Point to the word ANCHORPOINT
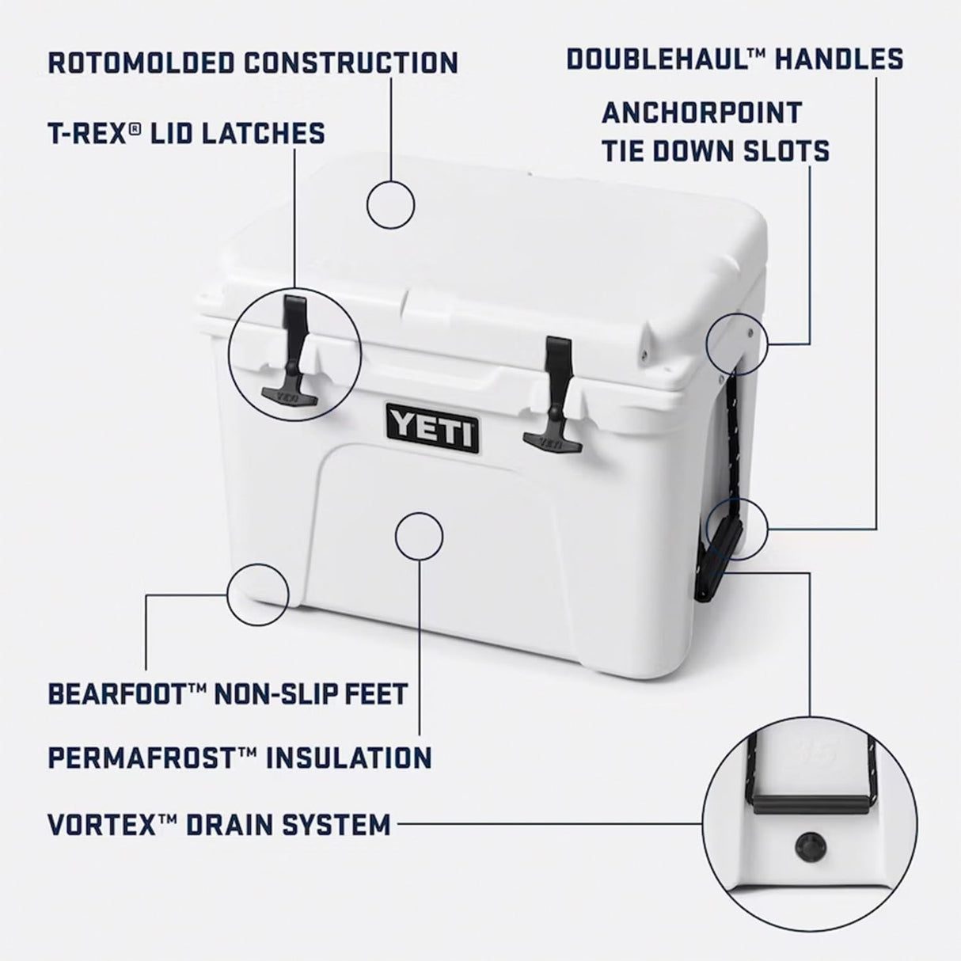point(701,112)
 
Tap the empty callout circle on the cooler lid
point(390,203)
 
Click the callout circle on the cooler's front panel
point(418,536)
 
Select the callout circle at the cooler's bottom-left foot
point(257,594)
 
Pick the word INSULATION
point(348,758)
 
